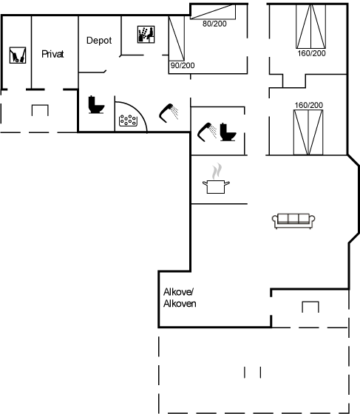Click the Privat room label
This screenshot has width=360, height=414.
click(52, 54)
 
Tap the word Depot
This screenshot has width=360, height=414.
click(99, 41)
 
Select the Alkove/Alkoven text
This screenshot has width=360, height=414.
click(180, 298)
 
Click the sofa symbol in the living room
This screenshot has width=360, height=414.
click(293, 221)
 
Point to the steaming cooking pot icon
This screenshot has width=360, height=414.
click(216, 179)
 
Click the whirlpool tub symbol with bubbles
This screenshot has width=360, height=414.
click(129, 121)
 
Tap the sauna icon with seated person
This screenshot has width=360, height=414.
click(146, 34)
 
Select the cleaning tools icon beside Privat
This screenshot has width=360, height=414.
click(18, 55)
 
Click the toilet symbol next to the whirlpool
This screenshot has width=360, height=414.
click(96, 104)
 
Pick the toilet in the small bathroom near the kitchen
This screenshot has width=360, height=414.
click(228, 132)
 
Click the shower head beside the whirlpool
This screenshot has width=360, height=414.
click(169, 112)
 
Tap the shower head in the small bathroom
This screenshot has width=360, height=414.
click(207, 132)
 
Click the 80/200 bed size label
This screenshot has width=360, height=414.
click(214, 24)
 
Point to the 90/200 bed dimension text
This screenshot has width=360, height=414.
click(183, 65)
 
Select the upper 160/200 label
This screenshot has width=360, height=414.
click(311, 53)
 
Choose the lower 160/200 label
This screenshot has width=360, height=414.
click(308, 105)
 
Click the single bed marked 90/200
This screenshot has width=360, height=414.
click(177, 38)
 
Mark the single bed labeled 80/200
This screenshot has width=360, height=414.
click(213, 12)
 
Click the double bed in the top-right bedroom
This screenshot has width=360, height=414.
click(311, 27)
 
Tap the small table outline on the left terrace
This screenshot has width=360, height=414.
click(40, 110)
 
